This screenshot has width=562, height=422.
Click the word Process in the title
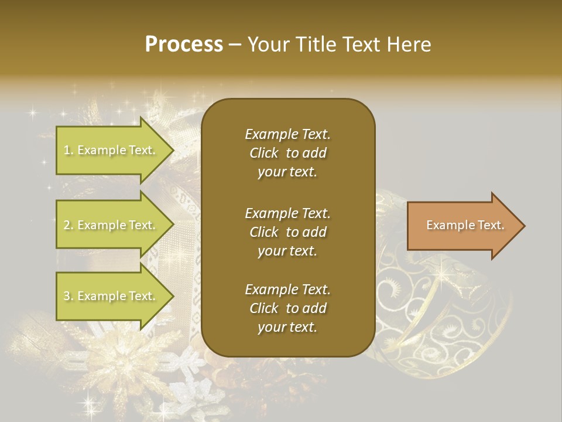pos(184,45)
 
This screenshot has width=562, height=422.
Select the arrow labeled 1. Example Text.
pos(111,150)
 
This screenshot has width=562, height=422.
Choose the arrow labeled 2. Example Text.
pos(111,225)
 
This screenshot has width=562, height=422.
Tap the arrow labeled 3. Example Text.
pos(111,296)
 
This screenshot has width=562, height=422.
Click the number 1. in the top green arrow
pos(68,150)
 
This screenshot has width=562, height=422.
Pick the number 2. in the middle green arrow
pos(68,225)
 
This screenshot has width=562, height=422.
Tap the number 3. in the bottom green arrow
pos(68,296)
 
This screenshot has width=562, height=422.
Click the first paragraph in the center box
pos(287,153)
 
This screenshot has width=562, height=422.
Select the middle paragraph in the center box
pos(287,232)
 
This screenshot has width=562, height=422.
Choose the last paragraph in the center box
pos(287,308)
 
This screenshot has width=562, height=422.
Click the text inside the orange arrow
pos(465,225)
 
